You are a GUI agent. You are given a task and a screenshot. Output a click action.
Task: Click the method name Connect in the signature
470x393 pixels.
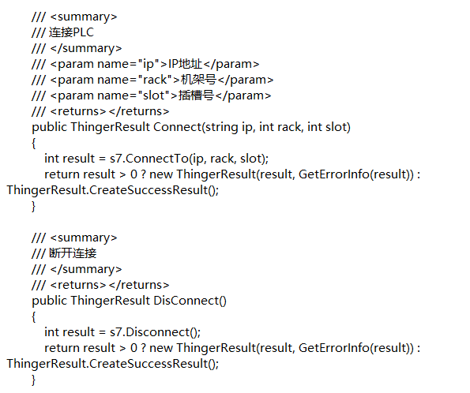[x=178, y=127]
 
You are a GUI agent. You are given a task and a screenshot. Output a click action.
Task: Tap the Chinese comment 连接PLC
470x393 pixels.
[x=71, y=32]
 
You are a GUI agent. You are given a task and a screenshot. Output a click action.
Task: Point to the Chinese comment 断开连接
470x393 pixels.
[x=73, y=253]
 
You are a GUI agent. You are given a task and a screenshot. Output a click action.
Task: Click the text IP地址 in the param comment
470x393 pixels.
[x=186, y=64]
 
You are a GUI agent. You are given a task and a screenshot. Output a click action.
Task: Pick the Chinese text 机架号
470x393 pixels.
[x=198, y=80]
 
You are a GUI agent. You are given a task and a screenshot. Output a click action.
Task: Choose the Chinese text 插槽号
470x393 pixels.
[x=196, y=95]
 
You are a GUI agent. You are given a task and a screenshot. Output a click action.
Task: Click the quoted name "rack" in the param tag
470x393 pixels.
[x=154, y=80]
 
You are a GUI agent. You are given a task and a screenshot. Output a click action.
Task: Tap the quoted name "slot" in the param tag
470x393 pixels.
[x=153, y=95]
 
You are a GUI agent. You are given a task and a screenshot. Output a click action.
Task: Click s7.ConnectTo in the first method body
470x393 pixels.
[x=149, y=159]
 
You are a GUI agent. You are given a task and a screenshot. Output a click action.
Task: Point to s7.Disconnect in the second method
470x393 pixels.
[x=149, y=332]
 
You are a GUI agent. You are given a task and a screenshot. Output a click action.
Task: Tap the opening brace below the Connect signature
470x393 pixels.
[x=33, y=143]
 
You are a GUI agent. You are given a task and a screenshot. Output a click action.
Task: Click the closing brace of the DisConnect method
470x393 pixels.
[x=33, y=380]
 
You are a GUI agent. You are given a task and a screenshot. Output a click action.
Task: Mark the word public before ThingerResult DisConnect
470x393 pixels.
[x=50, y=301]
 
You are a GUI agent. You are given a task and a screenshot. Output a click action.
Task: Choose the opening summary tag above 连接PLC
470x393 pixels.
[x=84, y=17]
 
